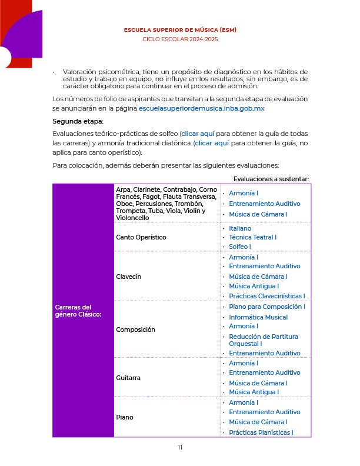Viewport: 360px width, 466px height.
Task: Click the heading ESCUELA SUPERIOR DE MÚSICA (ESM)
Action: [x=180, y=29]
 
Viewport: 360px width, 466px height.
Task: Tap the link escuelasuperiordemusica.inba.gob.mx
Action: [x=201, y=109]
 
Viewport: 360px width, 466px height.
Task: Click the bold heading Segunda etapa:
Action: [x=78, y=121]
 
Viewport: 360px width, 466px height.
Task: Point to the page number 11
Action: [x=180, y=447]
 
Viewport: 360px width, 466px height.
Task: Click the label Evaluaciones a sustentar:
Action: [x=271, y=179]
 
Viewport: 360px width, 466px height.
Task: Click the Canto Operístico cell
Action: [x=141, y=237]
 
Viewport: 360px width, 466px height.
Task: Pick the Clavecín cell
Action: [x=129, y=276]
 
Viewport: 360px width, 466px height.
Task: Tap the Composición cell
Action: [x=136, y=329]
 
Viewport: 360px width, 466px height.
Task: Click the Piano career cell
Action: [x=125, y=417]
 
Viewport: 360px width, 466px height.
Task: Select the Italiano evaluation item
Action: [x=240, y=228]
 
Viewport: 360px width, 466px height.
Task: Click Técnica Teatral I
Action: [x=252, y=237]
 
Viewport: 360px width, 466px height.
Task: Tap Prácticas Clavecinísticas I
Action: [x=266, y=296]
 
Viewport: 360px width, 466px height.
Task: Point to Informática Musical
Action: [x=258, y=317]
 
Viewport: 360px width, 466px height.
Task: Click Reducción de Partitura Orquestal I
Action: [x=263, y=339]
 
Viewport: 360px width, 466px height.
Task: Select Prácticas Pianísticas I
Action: [x=261, y=432]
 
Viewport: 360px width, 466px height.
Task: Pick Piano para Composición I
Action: [x=266, y=307]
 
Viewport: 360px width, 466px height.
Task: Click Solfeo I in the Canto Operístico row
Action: [x=240, y=247]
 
